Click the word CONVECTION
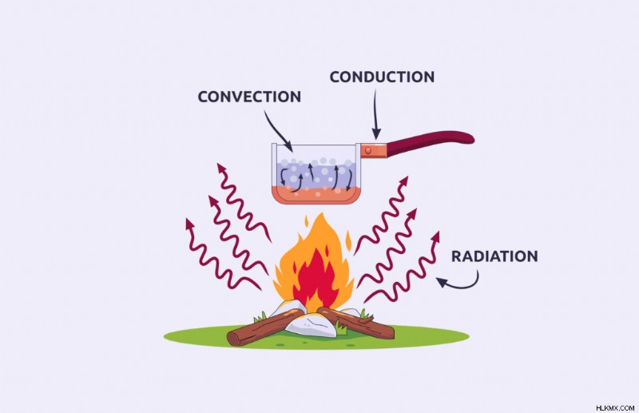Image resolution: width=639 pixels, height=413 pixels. [249, 97]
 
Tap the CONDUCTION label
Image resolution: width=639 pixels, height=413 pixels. [383, 77]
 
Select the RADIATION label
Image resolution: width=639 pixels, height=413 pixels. [494, 256]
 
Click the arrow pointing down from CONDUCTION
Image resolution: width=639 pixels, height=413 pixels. [375, 114]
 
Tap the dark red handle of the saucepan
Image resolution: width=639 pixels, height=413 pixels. [430, 143]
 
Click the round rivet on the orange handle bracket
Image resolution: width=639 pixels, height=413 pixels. [368, 151]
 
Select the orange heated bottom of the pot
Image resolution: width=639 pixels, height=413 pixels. [316, 196]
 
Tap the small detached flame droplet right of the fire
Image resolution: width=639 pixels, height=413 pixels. [348, 241]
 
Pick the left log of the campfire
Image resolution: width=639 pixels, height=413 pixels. [265, 328]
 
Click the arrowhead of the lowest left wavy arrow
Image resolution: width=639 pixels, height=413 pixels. [189, 223]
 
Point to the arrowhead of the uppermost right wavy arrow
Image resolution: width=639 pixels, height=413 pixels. [404, 181]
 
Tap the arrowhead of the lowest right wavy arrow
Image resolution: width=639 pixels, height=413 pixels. [435, 236]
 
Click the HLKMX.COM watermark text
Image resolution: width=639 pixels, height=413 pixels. [615, 407]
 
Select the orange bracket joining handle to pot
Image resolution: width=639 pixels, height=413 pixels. [373, 150]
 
